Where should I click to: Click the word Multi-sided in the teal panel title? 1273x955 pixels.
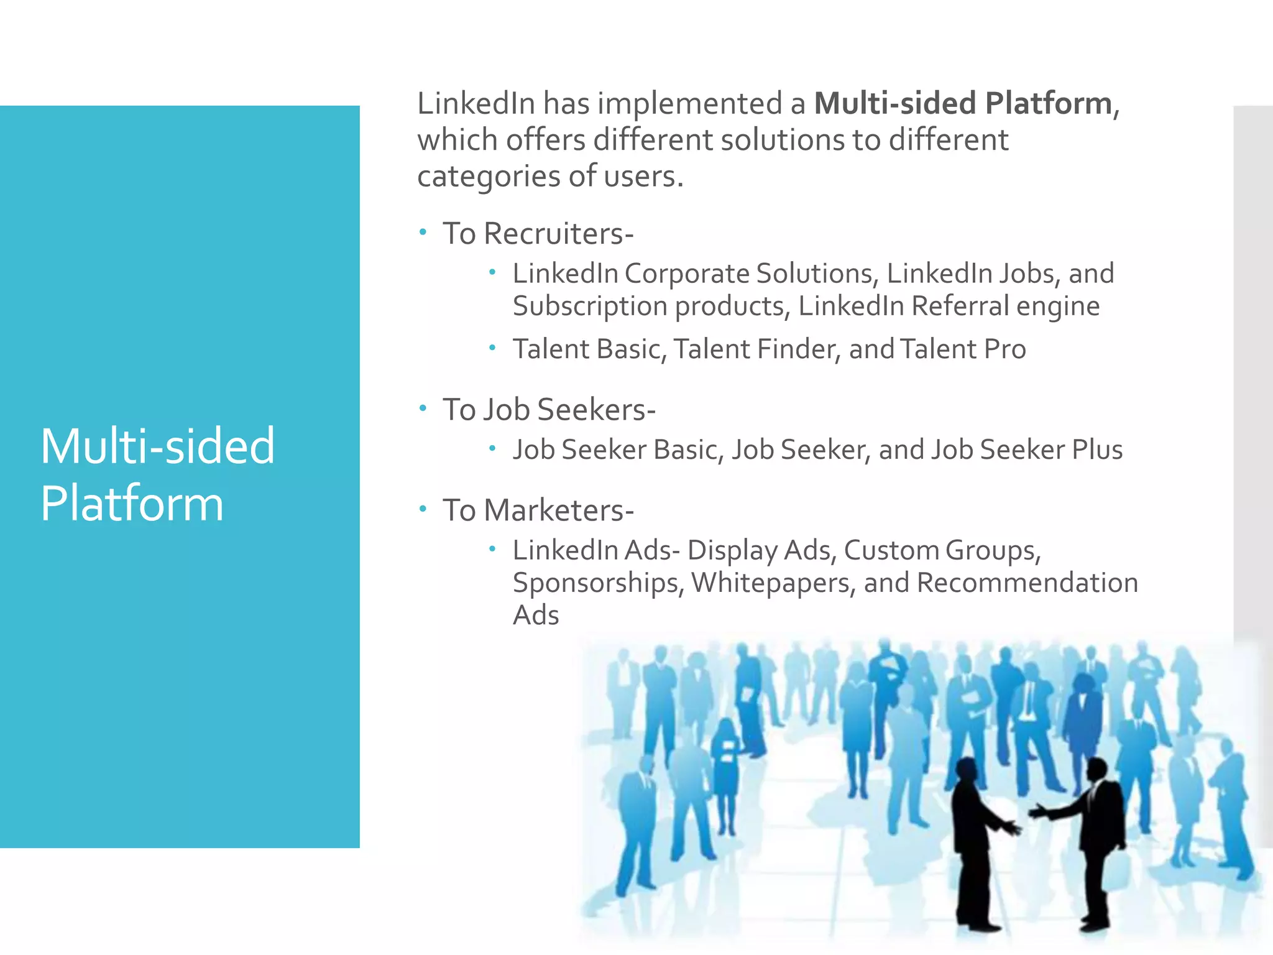(157, 446)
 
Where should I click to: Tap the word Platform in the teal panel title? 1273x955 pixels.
(132, 504)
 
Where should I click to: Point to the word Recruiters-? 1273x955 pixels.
(558, 234)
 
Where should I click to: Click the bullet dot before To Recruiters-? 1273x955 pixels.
(423, 233)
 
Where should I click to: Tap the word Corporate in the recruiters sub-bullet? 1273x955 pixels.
(687, 274)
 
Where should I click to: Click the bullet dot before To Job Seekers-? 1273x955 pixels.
(423, 408)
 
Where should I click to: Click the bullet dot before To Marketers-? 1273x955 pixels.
(423, 509)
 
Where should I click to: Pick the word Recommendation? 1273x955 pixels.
(1027, 583)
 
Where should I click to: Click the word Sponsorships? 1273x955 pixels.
(598, 583)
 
